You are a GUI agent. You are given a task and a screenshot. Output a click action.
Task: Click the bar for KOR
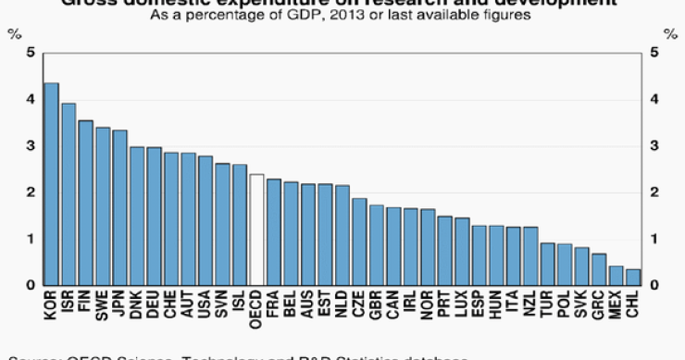52,184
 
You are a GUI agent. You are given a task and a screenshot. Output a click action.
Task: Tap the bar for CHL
633,277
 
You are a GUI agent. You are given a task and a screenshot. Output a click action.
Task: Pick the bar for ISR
68,194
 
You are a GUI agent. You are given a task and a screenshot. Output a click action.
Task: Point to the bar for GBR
376,245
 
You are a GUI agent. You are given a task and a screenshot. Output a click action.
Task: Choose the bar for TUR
548,264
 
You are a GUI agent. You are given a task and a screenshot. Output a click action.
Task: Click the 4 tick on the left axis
31,99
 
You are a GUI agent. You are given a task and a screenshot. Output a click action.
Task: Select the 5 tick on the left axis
31,53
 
